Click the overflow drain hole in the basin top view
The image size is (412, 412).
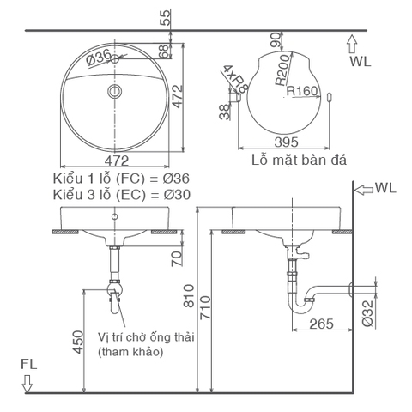tap(115, 90)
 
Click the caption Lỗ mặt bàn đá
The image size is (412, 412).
tap(292, 160)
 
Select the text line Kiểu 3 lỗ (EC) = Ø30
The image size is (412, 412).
tap(121, 194)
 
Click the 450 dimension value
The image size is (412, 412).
tap(79, 342)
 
